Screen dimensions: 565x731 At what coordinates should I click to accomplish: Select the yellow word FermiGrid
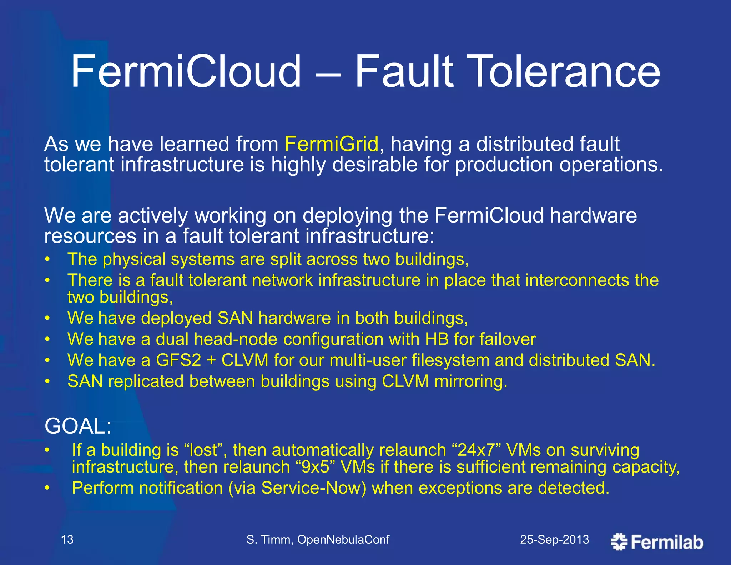[331, 144]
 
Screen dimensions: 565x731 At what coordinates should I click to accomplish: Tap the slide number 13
[67, 539]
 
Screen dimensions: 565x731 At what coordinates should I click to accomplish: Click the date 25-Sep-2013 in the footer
[554, 539]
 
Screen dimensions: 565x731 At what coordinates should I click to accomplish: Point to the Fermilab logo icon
[619, 542]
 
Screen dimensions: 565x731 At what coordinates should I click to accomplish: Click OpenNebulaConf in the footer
[343, 539]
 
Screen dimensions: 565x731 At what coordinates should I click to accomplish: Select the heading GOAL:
[78, 426]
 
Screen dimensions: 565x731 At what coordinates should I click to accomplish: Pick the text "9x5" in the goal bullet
[316, 467]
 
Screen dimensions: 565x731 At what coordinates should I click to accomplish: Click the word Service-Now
[313, 488]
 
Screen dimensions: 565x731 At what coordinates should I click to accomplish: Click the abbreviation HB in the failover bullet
[437, 339]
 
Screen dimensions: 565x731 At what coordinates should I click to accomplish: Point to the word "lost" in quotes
[203, 450]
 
